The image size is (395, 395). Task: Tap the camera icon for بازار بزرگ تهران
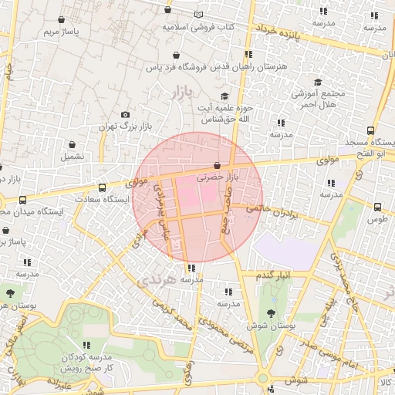point(127,114)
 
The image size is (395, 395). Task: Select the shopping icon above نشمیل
point(73,144)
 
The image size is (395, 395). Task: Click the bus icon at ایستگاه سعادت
point(102,187)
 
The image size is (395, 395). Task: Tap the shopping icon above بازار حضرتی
point(217,166)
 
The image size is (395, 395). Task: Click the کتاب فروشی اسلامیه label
point(197,26)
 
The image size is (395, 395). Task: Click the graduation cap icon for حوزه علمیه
point(225,96)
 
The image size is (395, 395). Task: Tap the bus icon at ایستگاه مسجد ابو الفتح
point(371,131)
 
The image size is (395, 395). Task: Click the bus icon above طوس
point(377,207)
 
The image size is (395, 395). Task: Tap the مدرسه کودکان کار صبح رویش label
point(86,363)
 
